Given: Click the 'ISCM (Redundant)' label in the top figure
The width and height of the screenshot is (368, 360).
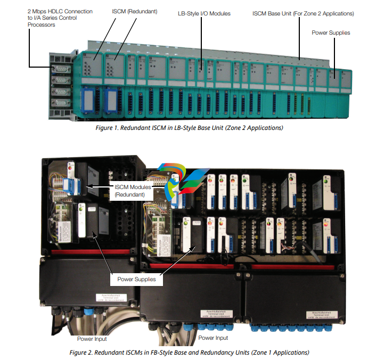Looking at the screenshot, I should click(x=134, y=11).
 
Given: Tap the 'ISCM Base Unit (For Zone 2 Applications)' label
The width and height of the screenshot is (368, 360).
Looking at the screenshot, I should click(x=302, y=12).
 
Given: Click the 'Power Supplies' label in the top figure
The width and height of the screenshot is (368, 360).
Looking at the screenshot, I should click(x=331, y=32).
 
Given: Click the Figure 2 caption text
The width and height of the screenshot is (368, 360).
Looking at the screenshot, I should click(x=189, y=353).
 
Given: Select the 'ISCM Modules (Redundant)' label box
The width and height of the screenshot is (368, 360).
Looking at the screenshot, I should click(x=132, y=191).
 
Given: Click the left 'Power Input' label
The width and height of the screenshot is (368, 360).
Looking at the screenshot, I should click(x=92, y=339).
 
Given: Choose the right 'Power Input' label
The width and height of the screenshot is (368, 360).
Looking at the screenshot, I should click(x=213, y=338).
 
